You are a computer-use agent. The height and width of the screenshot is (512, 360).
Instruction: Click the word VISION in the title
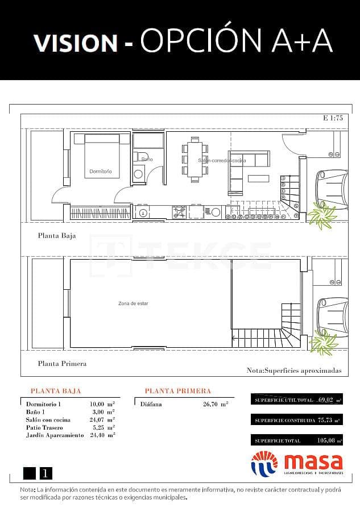(75, 43)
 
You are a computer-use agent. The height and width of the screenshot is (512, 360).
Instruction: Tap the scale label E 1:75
(333, 119)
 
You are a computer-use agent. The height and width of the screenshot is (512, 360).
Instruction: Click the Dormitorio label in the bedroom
(101, 171)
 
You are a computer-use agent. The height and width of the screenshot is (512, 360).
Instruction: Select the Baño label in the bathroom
(147, 160)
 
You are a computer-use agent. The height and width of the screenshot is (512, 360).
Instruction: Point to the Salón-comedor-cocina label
(222, 161)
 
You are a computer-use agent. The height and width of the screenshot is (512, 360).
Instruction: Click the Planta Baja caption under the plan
(56, 235)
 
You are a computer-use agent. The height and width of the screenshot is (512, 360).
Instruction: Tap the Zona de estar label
(133, 303)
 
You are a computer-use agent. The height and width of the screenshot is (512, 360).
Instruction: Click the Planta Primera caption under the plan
(62, 364)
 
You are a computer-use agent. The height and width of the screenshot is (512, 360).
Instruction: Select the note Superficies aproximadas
(294, 370)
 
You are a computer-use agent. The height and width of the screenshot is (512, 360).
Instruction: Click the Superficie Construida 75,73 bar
(296, 421)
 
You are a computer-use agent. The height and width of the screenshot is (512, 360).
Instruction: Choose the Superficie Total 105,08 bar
(296, 440)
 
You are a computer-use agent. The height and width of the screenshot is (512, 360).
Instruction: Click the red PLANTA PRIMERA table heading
(177, 391)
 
